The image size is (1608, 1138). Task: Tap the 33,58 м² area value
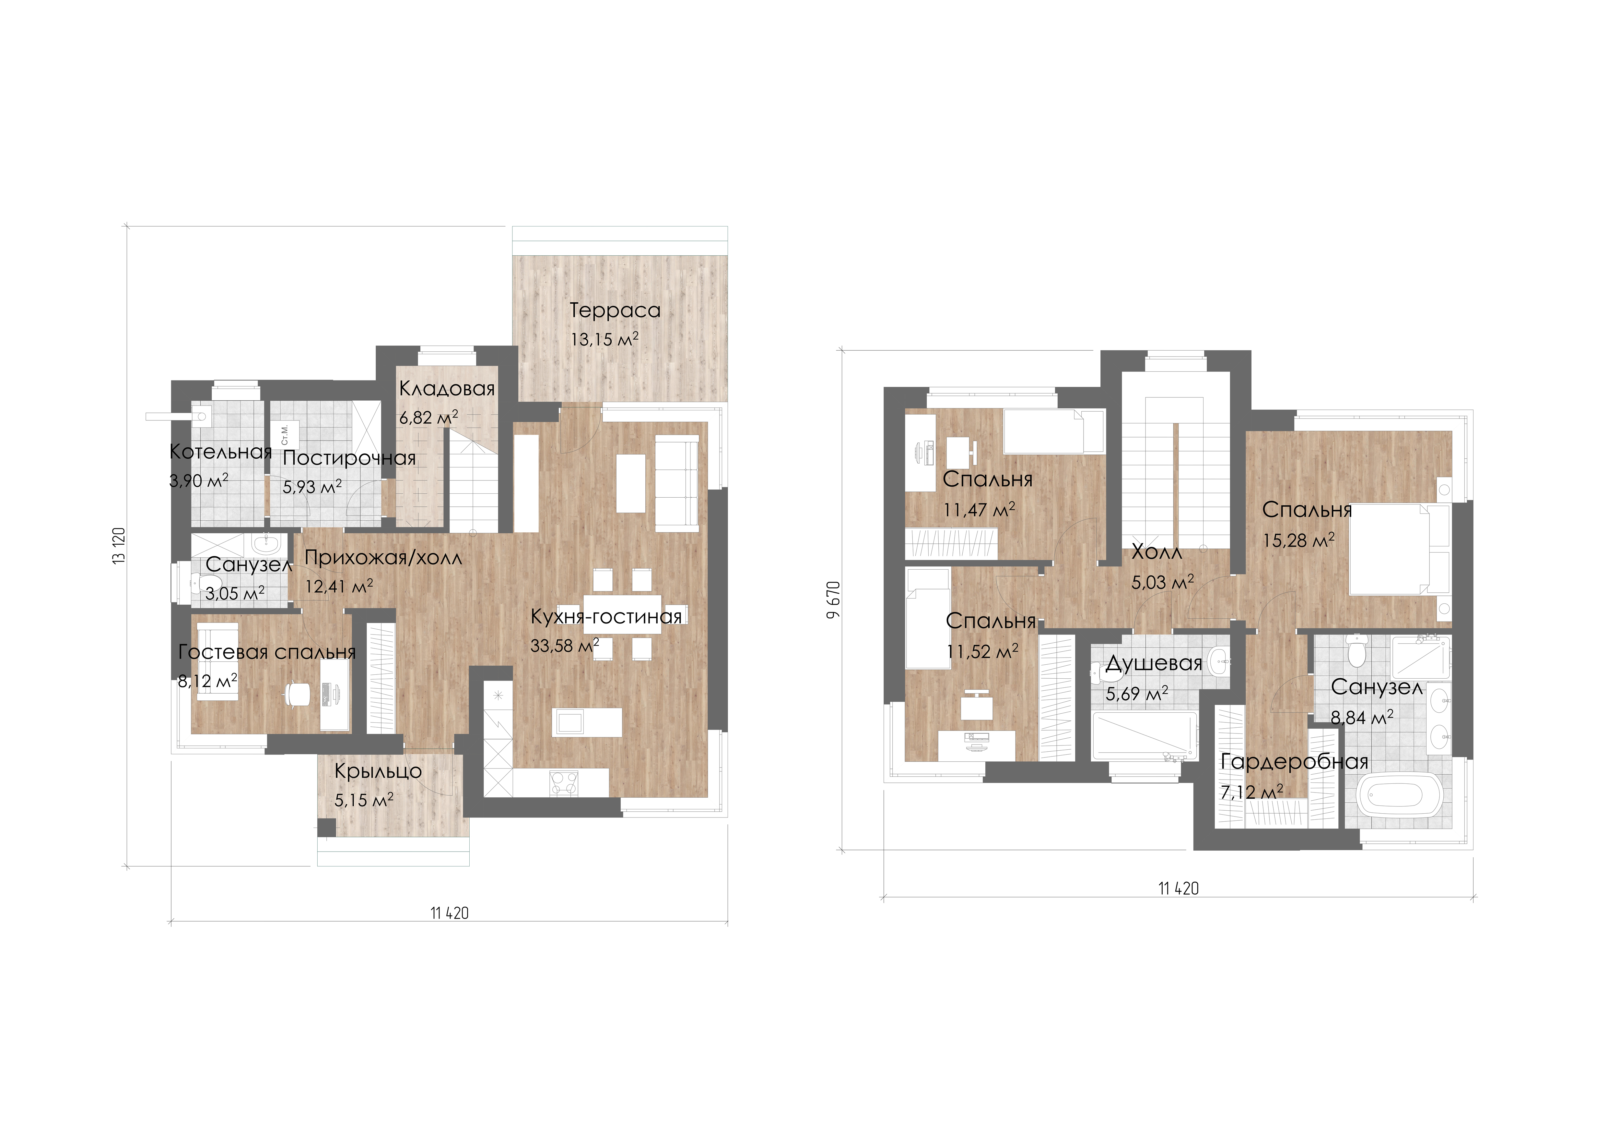click(565, 645)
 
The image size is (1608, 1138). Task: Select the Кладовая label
click(447, 389)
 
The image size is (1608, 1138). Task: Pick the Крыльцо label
click(378, 771)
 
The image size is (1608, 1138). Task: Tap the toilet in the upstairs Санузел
click(1357, 652)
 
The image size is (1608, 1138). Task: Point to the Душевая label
click(1154, 663)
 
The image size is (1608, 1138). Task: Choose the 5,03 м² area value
click(1163, 582)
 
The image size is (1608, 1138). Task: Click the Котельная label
click(221, 452)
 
